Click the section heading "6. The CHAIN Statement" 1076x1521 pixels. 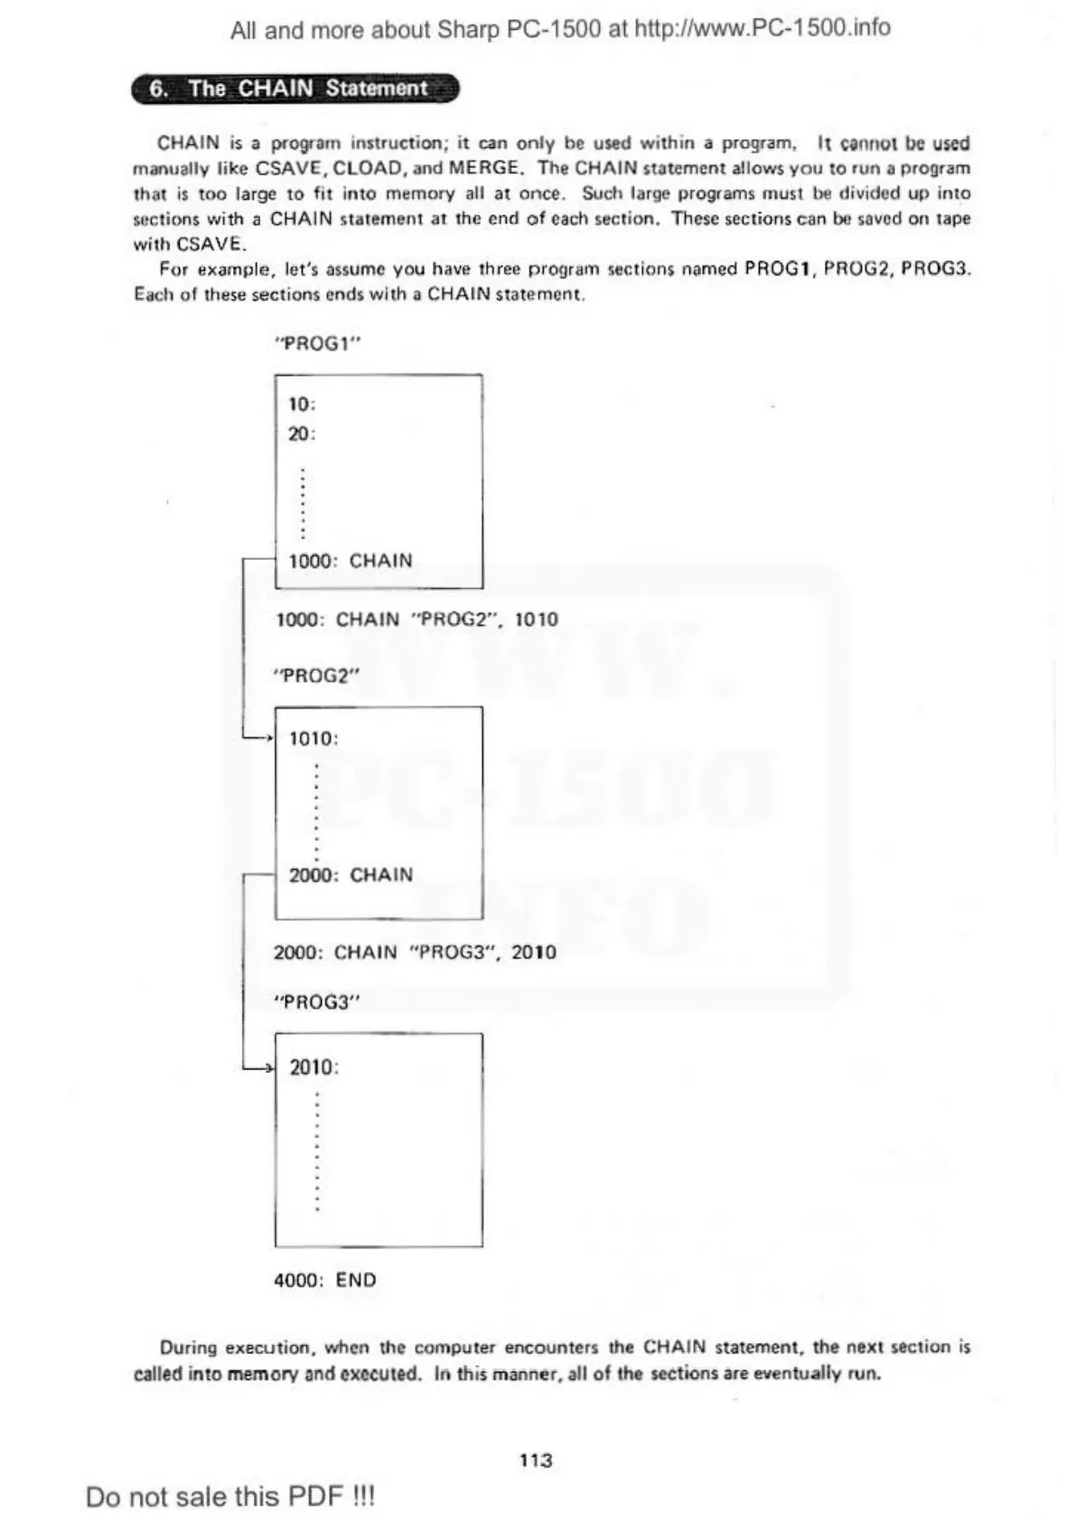click(x=295, y=89)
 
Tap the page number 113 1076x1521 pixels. click(x=536, y=1460)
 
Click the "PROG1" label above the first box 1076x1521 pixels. click(x=311, y=343)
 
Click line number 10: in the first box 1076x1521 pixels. click(x=302, y=404)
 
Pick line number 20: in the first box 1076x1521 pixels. click(x=302, y=434)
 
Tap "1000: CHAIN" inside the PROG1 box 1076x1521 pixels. click(x=351, y=561)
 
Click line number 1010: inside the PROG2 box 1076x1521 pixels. click(x=313, y=739)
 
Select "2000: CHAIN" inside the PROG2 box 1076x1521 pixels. click(x=351, y=874)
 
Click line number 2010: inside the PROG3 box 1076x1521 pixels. click(x=313, y=1068)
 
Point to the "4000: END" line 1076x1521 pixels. click(x=325, y=1280)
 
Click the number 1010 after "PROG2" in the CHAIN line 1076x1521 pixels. click(x=537, y=620)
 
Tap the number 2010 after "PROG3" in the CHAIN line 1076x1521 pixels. click(x=534, y=952)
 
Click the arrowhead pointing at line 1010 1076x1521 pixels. click(x=267, y=739)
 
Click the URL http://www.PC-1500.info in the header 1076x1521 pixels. click(x=763, y=29)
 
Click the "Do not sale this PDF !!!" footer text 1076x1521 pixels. click(x=229, y=1497)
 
